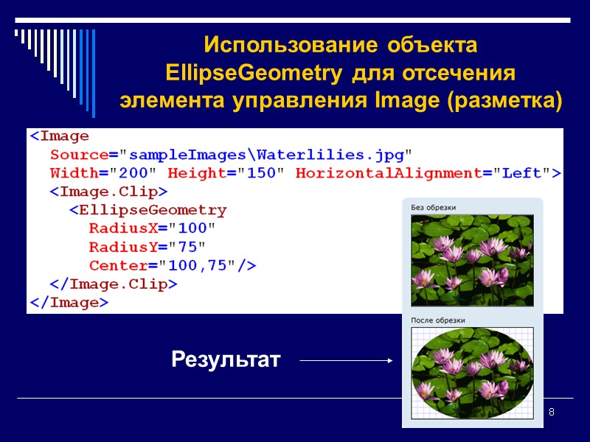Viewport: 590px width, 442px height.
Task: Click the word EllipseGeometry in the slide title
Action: [249, 74]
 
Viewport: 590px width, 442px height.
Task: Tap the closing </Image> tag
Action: [69, 302]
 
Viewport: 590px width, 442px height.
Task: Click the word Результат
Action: [226, 360]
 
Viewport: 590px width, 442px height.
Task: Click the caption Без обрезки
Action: [433, 208]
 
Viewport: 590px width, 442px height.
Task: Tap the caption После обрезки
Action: [438, 320]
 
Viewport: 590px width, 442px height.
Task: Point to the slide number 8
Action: [551, 410]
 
